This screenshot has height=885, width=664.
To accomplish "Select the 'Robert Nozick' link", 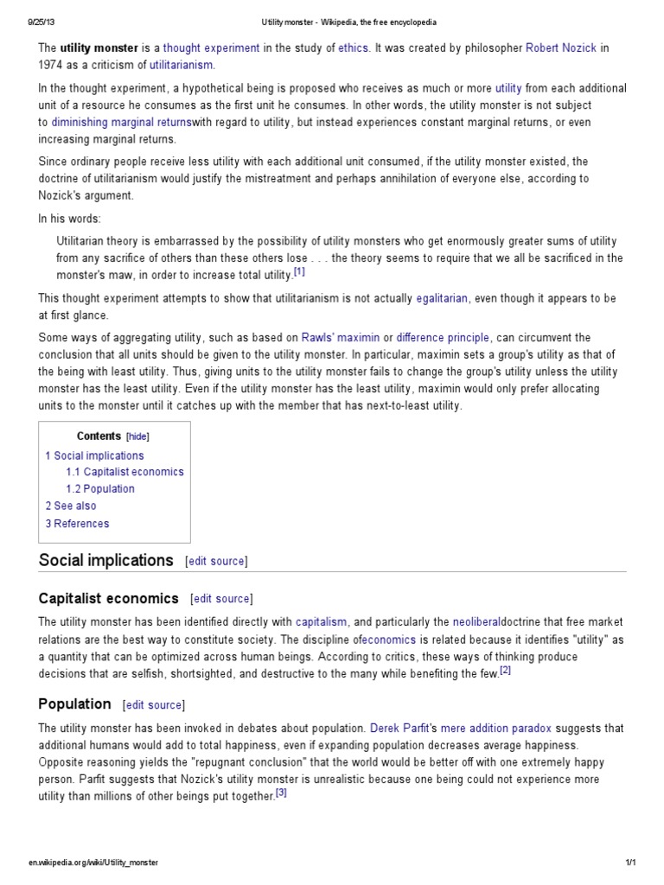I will point(563,48).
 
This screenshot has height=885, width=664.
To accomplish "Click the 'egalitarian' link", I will point(442,298).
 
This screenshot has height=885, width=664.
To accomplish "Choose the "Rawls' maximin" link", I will point(340,337).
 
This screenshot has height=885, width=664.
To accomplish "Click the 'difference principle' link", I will point(443,337).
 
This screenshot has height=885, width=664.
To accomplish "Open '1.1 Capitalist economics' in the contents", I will point(124,472).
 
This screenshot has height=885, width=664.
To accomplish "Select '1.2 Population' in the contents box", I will point(100,489).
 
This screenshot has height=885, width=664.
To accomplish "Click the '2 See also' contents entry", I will point(71,506).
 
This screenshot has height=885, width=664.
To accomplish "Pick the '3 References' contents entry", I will point(77,523).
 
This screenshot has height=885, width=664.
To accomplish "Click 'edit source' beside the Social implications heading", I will point(216,561).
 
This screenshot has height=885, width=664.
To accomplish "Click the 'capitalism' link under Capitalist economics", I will point(321,621).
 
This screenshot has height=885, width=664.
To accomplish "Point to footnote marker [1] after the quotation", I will point(299,272).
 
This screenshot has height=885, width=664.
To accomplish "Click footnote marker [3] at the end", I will point(281,794).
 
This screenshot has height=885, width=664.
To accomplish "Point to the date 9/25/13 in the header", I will point(41,21).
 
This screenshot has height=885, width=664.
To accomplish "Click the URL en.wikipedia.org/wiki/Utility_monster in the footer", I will point(93,863).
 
